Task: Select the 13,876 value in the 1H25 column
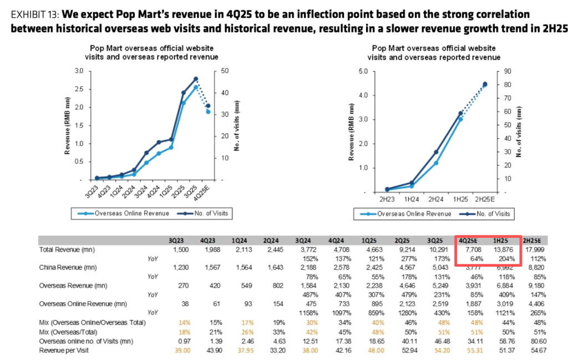coord(501,250)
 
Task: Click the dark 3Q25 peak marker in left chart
coord(196,79)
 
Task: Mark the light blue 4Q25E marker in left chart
coord(208,112)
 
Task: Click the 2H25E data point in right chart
coord(485,84)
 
